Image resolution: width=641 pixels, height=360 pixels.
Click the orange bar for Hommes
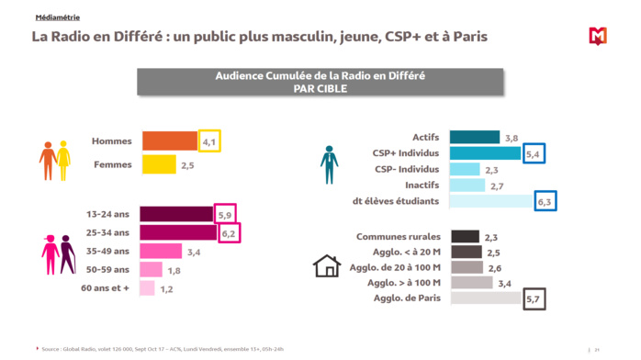pyautogui.click(x=170, y=141)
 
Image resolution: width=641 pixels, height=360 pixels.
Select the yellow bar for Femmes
pyautogui.click(x=159, y=165)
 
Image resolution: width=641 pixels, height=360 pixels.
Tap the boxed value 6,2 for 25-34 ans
pyautogui.click(x=228, y=233)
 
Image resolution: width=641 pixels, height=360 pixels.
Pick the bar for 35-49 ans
pyautogui.click(x=161, y=251)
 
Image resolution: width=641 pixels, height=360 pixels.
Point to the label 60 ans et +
pyautogui.click(x=108, y=288)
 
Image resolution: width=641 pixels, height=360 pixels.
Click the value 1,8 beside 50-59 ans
pyautogui.click(x=174, y=270)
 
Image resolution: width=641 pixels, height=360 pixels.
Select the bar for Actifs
pyautogui.click(x=475, y=137)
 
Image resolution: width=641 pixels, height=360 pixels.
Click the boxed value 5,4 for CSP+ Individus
pyautogui.click(x=533, y=154)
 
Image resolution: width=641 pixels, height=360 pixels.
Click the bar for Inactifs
pyautogui.click(x=467, y=186)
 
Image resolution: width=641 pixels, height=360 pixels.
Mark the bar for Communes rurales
pyautogui.click(x=466, y=237)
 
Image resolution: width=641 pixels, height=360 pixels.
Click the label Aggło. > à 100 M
pyautogui.click(x=405, y=283)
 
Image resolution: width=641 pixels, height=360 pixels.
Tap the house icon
pyautogui.click(x=327, y=266)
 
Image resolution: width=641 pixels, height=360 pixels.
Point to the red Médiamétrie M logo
pyautogui.click(x=598, y=37)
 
